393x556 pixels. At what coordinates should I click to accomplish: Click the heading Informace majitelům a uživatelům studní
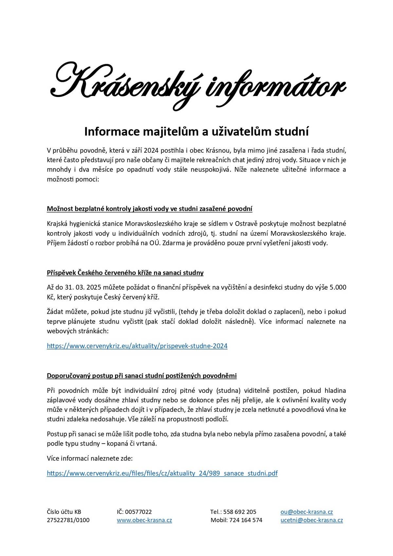point(196,131)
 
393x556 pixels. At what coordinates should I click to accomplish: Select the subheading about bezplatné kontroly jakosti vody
point(149,209)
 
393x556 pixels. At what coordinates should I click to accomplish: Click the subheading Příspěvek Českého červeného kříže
point(125,273)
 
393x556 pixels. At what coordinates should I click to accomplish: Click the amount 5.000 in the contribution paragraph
point(338,287)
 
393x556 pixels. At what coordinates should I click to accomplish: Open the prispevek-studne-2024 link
point(137,346)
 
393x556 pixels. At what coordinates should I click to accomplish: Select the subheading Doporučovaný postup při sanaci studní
point(141,375)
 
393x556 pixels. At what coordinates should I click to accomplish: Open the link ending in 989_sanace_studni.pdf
point(162,473)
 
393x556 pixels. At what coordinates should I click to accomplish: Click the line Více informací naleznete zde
point(90,458)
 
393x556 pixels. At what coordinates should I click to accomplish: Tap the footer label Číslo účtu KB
point(64,512)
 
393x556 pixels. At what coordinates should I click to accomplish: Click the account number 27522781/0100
point(68,520)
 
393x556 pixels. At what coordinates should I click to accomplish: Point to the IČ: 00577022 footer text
point(134,512)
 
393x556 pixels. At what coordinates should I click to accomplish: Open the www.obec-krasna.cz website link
point(144,520)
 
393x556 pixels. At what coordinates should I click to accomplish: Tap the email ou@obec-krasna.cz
point(307,512)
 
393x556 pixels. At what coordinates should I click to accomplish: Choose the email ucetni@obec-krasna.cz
point(312,520)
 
